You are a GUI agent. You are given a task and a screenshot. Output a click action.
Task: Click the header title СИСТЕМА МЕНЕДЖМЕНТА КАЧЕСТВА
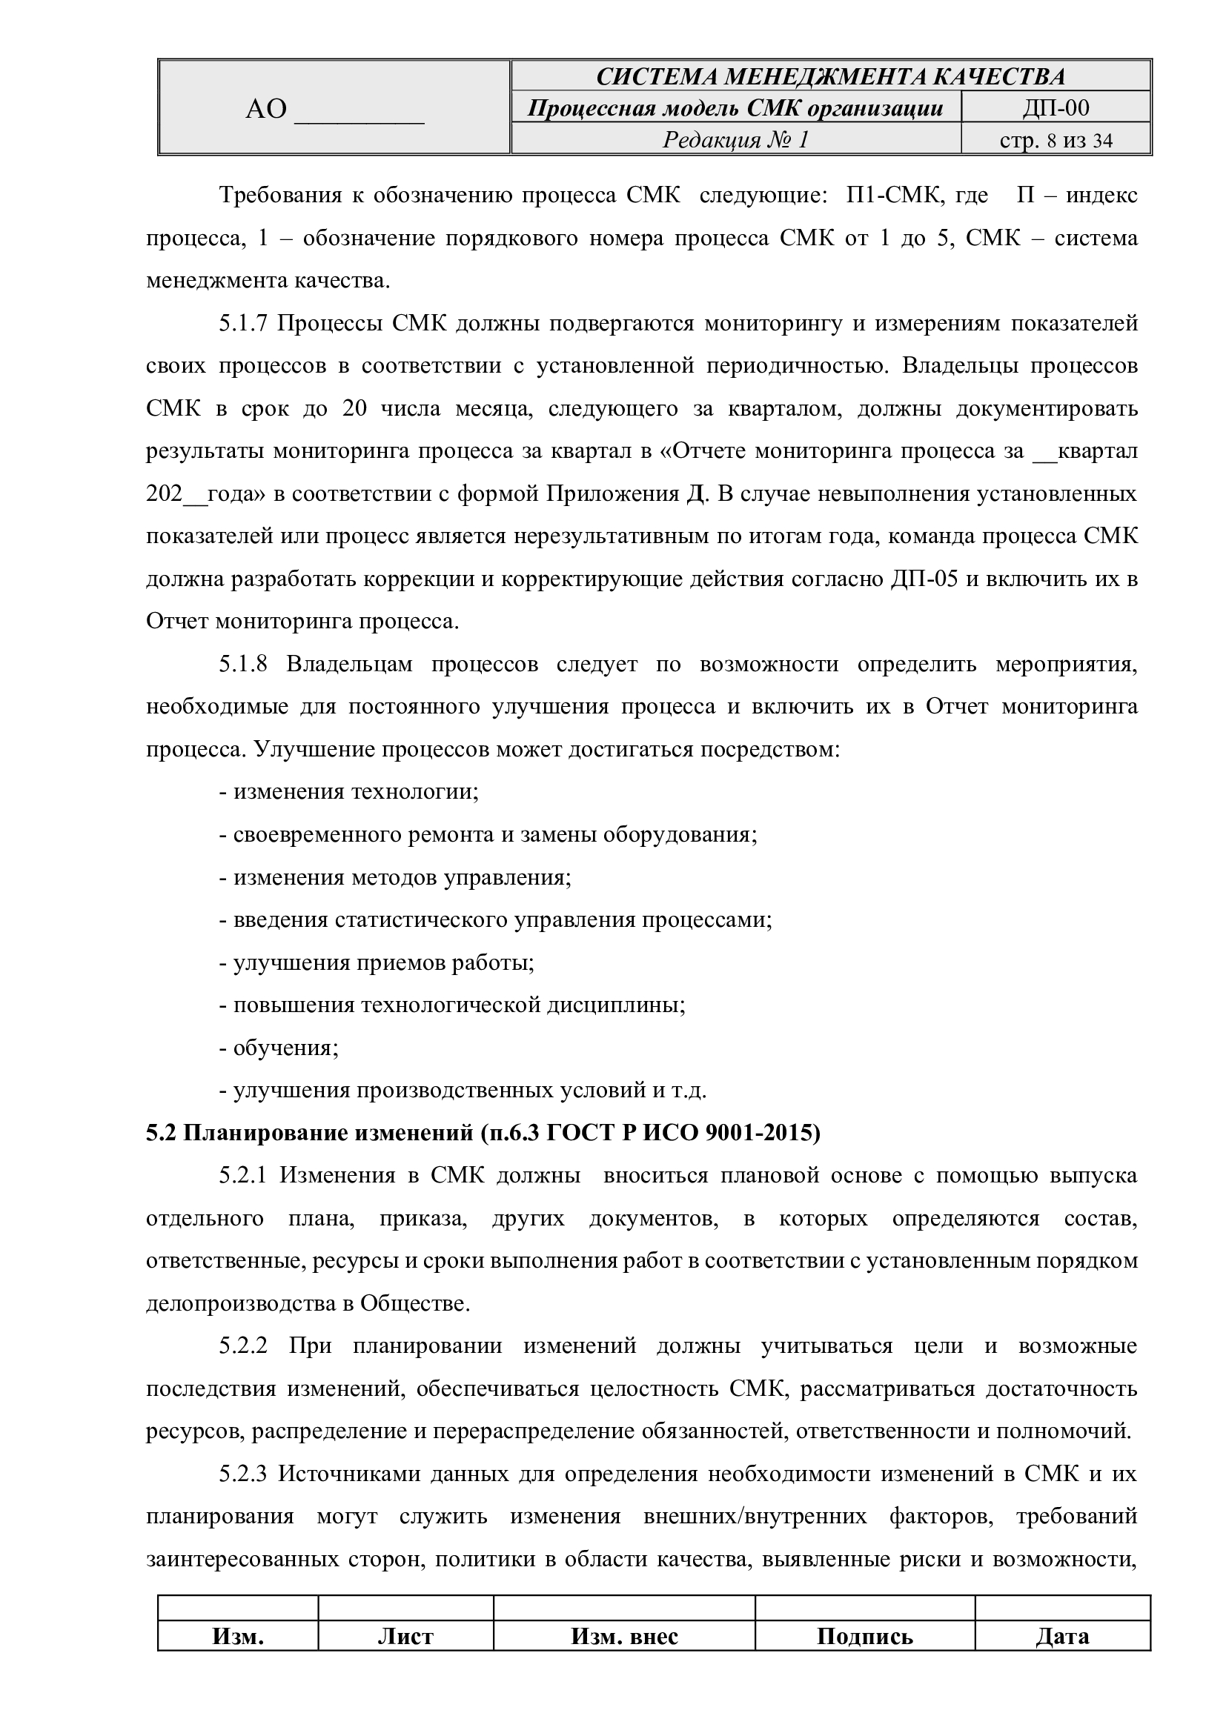coord(830,76)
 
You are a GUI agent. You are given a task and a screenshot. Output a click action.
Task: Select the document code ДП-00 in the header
coord(1056,108)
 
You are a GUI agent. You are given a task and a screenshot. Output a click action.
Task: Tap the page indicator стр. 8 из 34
coord(1056,140)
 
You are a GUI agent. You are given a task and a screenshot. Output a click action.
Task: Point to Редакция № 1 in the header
coord(735,140)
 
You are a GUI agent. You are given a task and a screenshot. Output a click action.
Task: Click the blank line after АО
coord(359,110)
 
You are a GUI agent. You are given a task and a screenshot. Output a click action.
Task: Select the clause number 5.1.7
coord(243,324)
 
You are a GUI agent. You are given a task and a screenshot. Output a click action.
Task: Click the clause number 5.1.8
coord(243,665)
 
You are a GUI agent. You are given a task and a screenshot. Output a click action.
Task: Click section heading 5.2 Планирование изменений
coord(483,1134)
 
